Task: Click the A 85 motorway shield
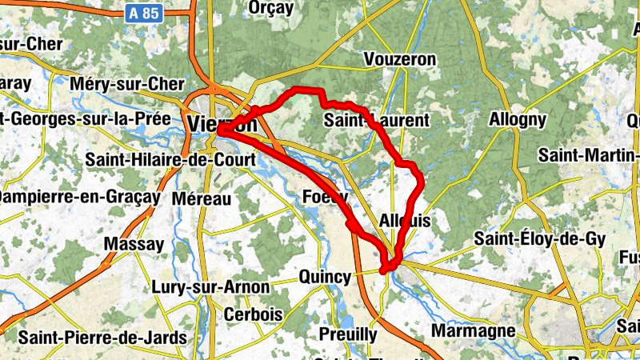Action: tap(143, 13)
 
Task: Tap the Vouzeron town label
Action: tap(400, 60)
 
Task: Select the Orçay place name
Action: tap(272, 8)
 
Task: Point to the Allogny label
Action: tap(518, 120)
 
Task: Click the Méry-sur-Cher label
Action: tap(128, 84)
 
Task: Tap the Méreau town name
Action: tap(201, 198)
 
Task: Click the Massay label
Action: tap(134, 244)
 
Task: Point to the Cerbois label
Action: tap(253, 314)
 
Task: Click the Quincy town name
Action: tap(325, 277)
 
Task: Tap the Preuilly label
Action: tap(348, 334)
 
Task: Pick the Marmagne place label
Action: tap(474, 330)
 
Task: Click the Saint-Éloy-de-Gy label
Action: tap(540, 238)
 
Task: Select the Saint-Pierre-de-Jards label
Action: tap(102, 337)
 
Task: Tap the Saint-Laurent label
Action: tap(377, 121)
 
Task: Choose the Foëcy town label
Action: tap(326, 197)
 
